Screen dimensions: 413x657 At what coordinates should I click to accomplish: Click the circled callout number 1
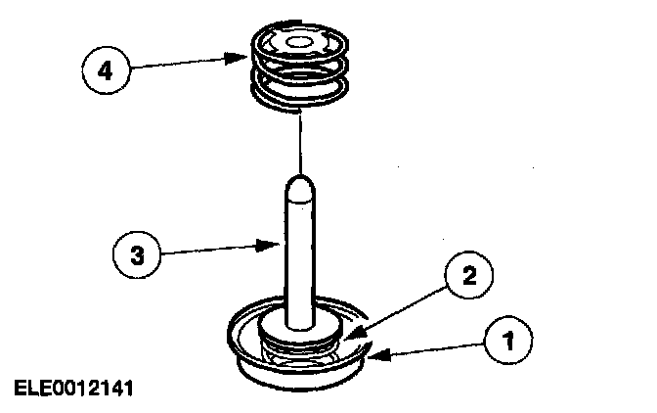(508, 342)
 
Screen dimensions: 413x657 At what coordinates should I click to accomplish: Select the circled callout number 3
(137, 256)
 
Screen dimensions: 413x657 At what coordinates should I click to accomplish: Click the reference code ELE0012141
(73, 389)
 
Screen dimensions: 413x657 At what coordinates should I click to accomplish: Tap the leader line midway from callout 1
(430, 349)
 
